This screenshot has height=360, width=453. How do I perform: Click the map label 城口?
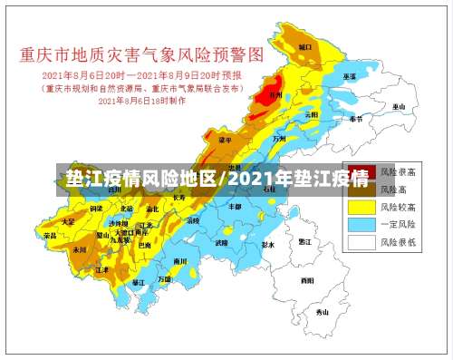click(x=306, y=45)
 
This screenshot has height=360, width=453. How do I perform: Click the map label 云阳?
click(x=311, y=115)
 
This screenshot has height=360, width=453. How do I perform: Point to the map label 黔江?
click(x=305, y=242)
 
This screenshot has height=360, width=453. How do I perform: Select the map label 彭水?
click(x=266, y=245)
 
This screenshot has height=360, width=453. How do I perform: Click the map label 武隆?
click(x=222, y=242)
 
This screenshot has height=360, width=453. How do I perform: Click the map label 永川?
click(x=79, y=248)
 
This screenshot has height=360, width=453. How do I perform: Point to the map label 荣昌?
click(x=50, y=236)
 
